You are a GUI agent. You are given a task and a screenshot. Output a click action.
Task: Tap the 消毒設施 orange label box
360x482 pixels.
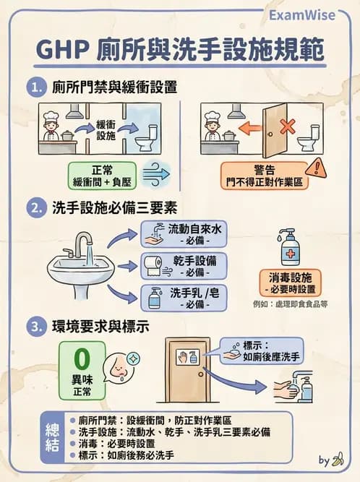click(x=289, y=282)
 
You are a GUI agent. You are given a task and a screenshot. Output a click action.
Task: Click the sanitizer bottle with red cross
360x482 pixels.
click(x=288, y=247)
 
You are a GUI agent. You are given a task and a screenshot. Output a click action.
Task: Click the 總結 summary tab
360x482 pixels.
click(x=52, y=436)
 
